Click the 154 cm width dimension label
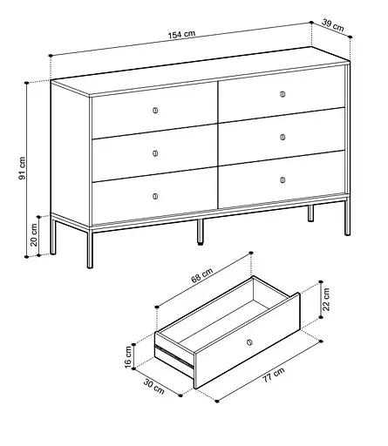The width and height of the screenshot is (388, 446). click(182, 36)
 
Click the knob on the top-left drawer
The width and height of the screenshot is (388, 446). click(155, 110)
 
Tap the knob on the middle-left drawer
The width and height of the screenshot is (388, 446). click(155, 152)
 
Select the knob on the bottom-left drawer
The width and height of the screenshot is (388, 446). click(155, 195)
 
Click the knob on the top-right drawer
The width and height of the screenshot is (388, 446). click(283, 94)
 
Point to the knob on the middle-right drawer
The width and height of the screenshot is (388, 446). click(283, 137)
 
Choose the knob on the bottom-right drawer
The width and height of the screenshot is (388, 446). click(283, 180)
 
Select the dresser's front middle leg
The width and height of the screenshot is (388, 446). click(200, 231)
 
